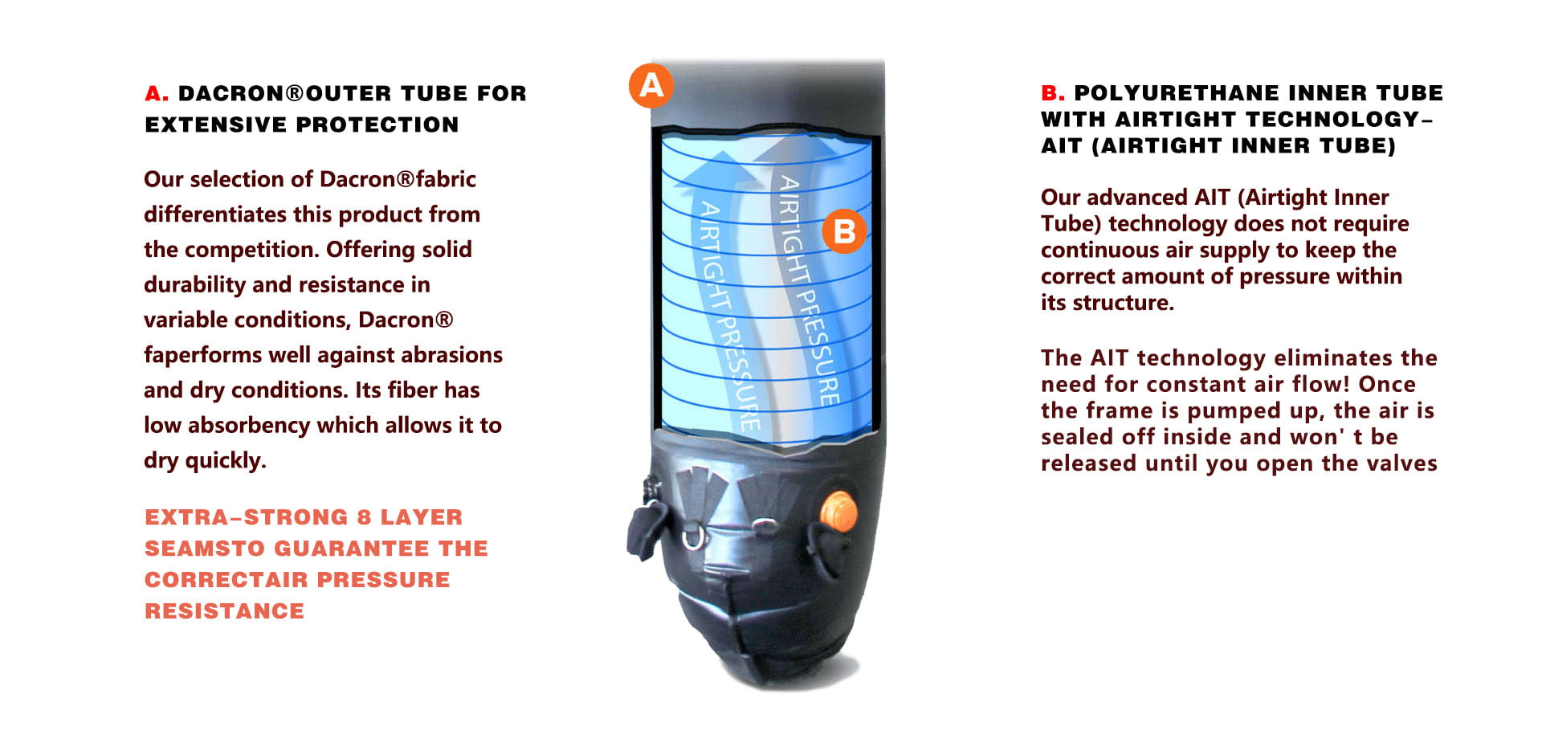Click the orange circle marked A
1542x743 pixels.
(x=651, y=85)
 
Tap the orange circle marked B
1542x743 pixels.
(x=844, y=231)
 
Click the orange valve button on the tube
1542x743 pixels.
(x=838, y=511)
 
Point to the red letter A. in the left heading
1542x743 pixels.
(x=157, y=94)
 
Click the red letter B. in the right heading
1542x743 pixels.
(x=1052, y=93)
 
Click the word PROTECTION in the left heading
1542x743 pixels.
(x=377, y=125)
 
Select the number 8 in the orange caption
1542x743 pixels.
(x=364, y=517)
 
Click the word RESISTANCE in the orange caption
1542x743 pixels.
(x=224, y=611)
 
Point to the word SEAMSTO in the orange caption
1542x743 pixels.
(x=205, y=549)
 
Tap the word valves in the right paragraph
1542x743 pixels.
(x=1408, y=463)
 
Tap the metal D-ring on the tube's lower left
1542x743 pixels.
(x=691, y=536)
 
